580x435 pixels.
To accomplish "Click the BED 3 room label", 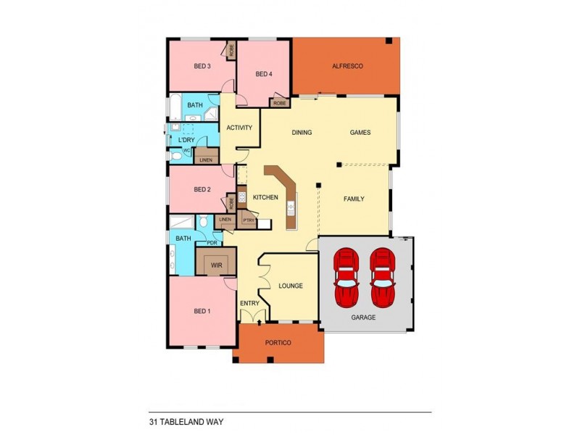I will tap(202, 67).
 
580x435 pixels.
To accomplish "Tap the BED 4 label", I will tap(264, 74).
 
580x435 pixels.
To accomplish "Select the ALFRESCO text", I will tap(347, 67).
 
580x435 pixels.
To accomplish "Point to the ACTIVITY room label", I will tap(239, 128).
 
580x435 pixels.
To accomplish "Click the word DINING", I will tap(302, 133).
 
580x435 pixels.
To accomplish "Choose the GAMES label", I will tap(360, 133).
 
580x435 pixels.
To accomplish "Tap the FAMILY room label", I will tap(354, 199).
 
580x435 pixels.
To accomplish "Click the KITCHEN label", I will tap(265, 197).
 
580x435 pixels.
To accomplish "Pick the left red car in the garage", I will tap(347, 277).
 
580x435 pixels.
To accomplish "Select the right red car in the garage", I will tap(382, 277).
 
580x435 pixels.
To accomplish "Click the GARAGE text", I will tap(363, 318).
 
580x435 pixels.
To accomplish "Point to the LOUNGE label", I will tap(290, 286).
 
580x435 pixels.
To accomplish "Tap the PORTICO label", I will tap(278, 343).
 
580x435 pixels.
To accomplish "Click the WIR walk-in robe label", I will tap(216, 266).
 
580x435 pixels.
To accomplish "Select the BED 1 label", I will tap(202, 311).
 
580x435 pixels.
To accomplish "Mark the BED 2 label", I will tap(202, 190).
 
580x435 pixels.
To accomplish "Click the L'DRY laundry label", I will tap(186, 139).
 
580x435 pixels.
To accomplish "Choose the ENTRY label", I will tap(249, 302).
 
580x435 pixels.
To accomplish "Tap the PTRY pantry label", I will tap(247, 220).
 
